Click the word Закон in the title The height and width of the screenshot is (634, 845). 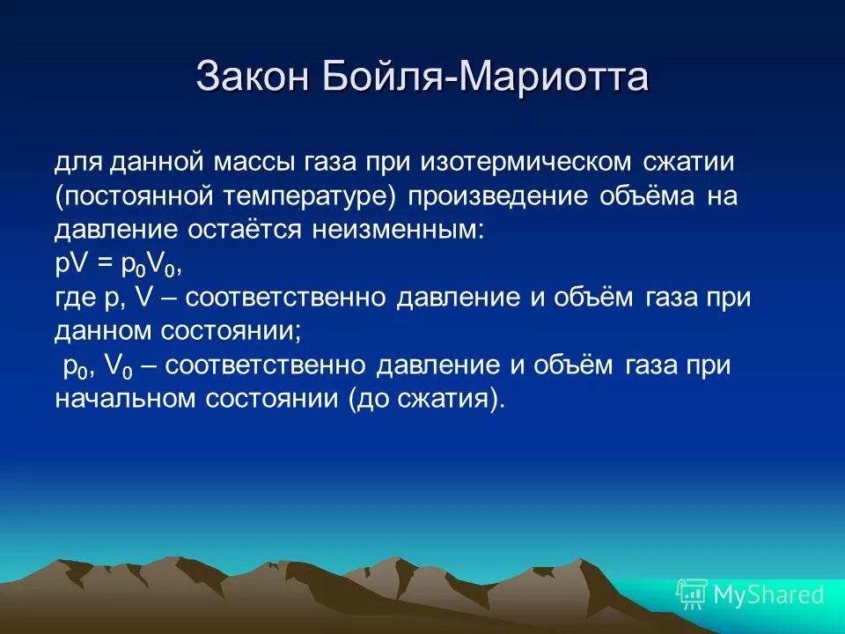tap(248, 77)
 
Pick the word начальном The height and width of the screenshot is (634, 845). tap(125, 399)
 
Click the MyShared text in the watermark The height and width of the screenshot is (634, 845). tap(768, 594)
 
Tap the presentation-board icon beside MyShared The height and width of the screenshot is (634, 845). tap(691, 594)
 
